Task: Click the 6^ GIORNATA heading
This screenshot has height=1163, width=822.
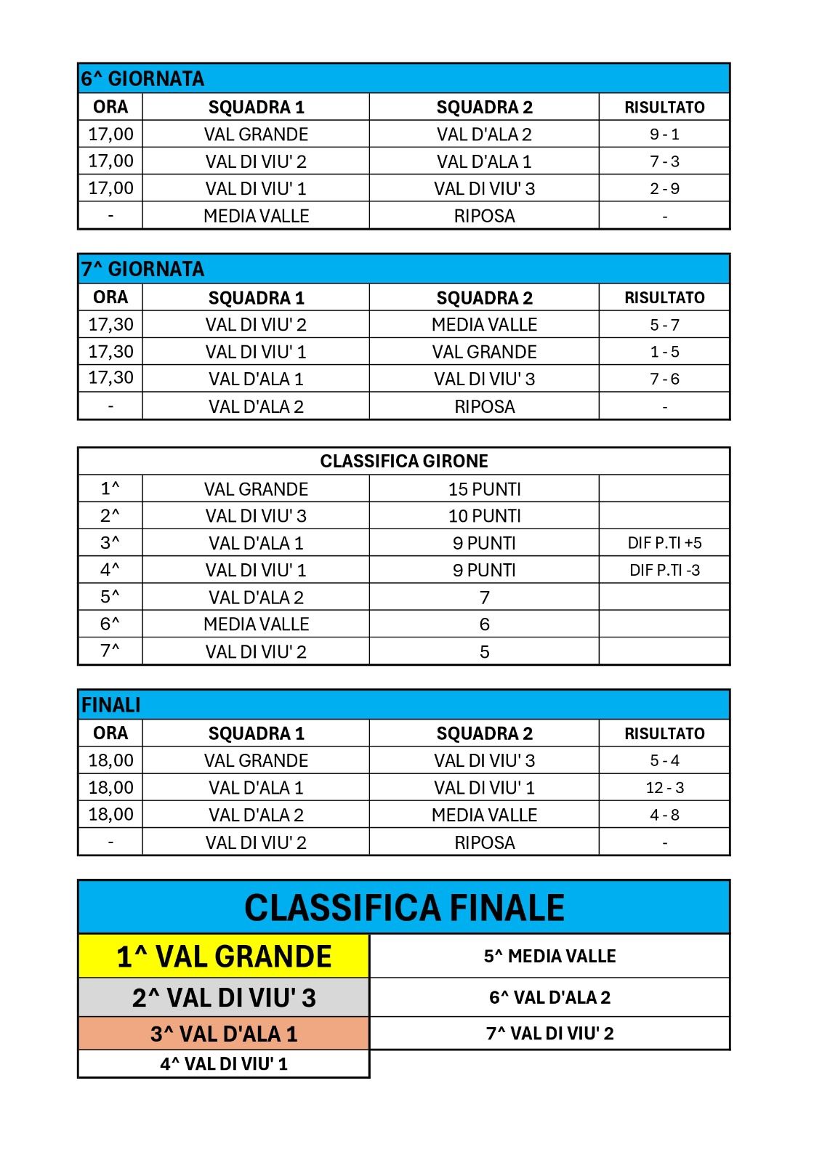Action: [143, 79]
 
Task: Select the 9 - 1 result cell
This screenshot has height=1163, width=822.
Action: [664, 134]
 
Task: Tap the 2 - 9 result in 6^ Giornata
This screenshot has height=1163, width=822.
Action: [664, 189]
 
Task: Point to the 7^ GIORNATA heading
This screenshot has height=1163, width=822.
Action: [143, 269]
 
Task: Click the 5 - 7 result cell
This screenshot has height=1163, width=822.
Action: [664, 325]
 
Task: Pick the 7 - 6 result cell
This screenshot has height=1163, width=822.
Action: [664, 379]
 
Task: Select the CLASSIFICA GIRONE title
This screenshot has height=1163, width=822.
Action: [404, 462]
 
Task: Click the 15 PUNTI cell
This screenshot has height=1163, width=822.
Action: [484, 489]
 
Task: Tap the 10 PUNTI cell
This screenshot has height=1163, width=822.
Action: [484, 516]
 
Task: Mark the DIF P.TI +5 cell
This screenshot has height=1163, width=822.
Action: [664, 543]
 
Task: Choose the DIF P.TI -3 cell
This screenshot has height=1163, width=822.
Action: [664, 571]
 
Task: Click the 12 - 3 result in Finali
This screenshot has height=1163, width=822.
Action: [664, 788]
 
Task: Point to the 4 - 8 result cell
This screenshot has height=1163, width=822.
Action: [664, 816]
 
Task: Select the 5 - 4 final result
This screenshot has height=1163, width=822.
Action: [664, 761]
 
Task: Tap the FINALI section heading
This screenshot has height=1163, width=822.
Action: [111, 705]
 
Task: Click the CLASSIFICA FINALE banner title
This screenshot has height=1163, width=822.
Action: [404, 908]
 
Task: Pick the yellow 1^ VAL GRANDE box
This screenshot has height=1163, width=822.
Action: [224, 957]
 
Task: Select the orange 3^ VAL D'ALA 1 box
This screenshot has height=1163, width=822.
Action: [224, 1034]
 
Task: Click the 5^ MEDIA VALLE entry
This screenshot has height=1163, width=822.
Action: [549, 957]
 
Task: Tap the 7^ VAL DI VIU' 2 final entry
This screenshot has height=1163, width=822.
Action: [549, 1034]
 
